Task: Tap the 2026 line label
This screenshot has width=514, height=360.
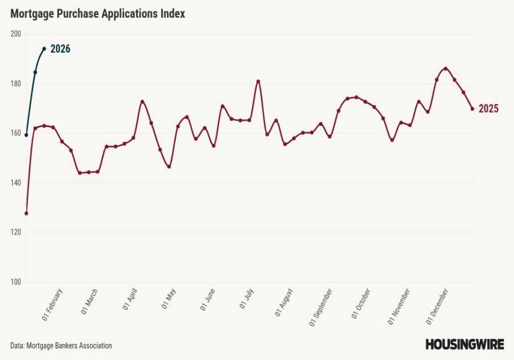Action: point(60,49)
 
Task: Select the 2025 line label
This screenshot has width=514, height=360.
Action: point(488,109)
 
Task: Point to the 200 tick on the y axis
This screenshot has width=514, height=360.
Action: point(15,34)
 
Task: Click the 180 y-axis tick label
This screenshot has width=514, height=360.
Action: point(15,83)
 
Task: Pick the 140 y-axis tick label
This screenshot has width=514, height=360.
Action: point(15,183)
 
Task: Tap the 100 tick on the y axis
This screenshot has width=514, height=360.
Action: point(15,282)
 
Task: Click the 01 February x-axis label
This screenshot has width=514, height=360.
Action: point(53,305)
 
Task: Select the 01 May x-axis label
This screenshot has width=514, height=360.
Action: point(169,299)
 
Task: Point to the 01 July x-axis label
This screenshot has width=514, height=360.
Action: point(247,299)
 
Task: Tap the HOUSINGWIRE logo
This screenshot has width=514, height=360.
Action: point(464,345)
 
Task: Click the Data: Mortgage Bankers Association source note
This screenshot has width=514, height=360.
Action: point(61,346)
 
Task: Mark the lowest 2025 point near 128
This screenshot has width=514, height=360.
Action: point(26,213)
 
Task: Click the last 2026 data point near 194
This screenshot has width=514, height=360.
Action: point(44,49)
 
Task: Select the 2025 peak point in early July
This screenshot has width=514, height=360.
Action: point(258,81)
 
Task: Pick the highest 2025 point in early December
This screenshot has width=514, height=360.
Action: point(445,69)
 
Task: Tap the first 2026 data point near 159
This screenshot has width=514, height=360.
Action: point(26,135)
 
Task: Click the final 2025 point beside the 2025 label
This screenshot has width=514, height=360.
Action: point(472,109)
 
